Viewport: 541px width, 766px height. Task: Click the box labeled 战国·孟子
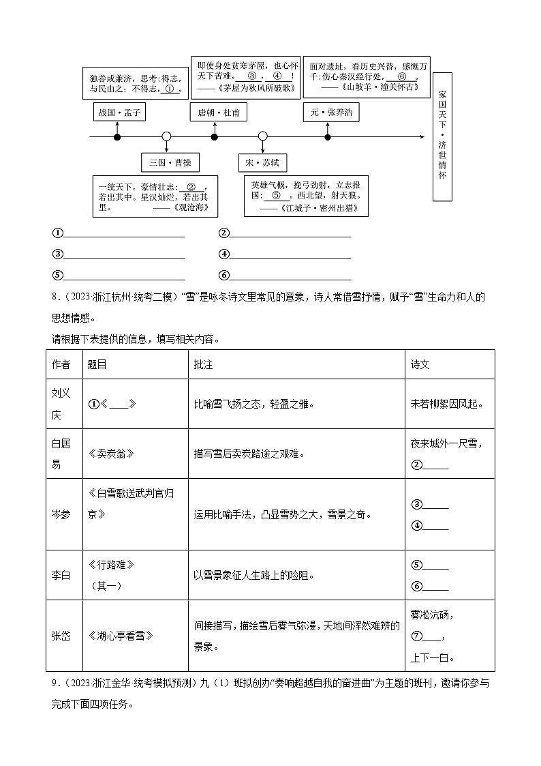coord(119,113)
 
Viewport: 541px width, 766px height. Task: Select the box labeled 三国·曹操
coord(170,162)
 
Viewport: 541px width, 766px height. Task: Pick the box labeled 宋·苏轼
coord(262,162)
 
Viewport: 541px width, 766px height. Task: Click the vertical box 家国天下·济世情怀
coord(442,137)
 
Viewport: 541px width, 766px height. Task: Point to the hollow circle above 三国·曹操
coord(166,137)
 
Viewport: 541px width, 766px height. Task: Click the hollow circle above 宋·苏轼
coord(262,137)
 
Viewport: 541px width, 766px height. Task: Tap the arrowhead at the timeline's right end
coord(422,137)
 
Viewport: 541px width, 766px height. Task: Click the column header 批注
coord(203,365)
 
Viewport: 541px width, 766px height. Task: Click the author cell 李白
coord(61,576)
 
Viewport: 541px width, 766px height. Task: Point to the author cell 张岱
coord(61,636)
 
